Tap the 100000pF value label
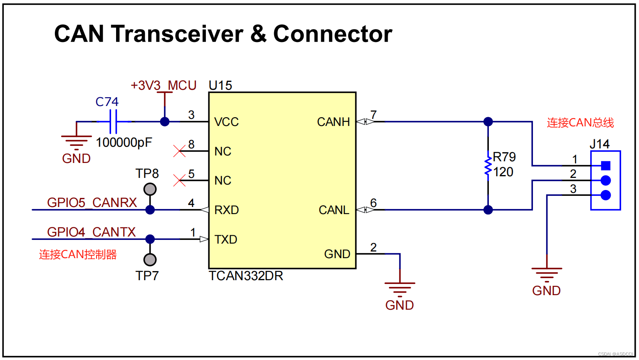pyautogui.click(x=124, y=143)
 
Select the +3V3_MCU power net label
pyautogui.click(x=163, y=86)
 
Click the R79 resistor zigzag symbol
pyautogui.click(x=488, y=165)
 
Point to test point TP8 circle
pyautogui.click(x=150, y=190)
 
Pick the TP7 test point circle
pyautogui.click(x=150, y=260)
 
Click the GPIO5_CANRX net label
pyautogui.click(x=92, y=202)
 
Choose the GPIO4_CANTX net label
pyautogui.click(x=92, y=232)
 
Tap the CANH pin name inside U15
pyautogui.click(x=333, y=122)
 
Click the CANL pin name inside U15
pyautogui.click(x=334, y=210)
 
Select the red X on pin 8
pyautogui.click(x=179, y=151)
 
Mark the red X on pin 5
pyautogui.click(x=179, y=180)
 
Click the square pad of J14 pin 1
pyautogui.click(x=606, y=166)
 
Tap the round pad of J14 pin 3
pyautogui.click(x=606, y=195)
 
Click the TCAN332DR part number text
pyautogui.click(x=246, y=276)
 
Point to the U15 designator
pyautogui.click(x=220, y=86)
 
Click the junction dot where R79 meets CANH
pyautogui.click(x=488, y=122)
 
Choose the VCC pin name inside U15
pyautogui.click(x=226, y=122)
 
